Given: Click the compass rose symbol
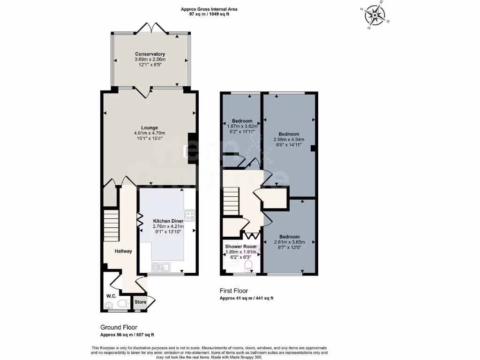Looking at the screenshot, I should coord(375,16).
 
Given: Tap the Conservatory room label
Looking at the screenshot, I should coord(150,54).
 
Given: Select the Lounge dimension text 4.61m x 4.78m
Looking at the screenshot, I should coord(150,133).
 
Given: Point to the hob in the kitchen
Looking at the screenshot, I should coord(190,216).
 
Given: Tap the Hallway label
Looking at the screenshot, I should coord(124,251).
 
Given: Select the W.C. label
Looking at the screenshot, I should coord(111,296).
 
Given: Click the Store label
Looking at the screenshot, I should coord(140,302).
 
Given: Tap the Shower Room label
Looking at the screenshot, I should coord(240,247).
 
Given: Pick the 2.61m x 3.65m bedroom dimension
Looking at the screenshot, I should coord(289,242).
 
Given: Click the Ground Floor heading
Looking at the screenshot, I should coord(119,327).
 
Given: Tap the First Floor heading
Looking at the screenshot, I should coord(234,291).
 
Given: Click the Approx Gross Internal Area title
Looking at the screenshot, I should coord(209,9).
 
